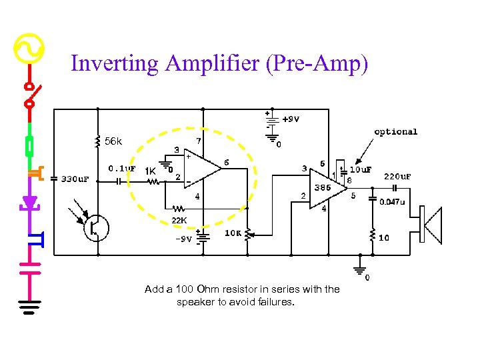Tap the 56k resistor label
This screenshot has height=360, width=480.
click(113, 141)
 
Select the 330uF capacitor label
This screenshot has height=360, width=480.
click(75, 179)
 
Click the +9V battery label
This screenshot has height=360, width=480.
click(290, 120)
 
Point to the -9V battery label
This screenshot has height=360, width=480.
click(185, 239)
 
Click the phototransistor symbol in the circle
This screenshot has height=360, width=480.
click(97, 227)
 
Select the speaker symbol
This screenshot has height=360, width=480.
click(431, 226)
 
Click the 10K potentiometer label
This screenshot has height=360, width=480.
click(233, 233)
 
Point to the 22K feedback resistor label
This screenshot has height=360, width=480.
click(179, 220)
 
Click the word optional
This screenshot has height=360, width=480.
click(395, 131)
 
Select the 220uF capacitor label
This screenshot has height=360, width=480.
click(397, 177)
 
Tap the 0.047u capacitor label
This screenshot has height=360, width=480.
click(393, 202)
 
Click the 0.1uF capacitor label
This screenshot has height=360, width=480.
click(122, 169)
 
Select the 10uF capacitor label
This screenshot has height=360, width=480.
click(360, 169)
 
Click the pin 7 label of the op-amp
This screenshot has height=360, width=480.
click(198, 141)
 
